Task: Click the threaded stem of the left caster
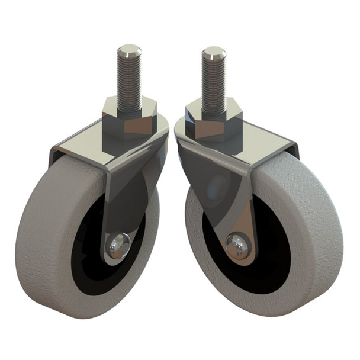(128, 80)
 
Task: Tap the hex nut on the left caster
(129, 118)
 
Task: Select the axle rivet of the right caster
(237, 246)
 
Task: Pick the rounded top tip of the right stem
(214, 50)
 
